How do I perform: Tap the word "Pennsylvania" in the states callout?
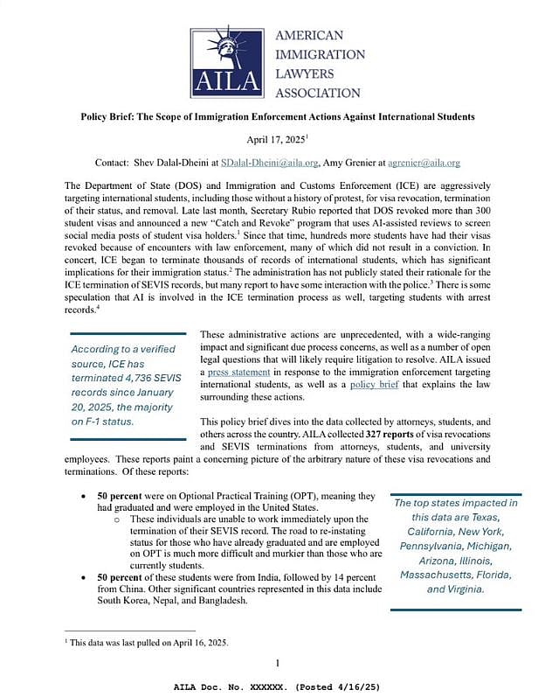click(431, 546)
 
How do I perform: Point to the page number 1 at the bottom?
click(277, 662)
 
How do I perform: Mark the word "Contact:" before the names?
click(116, 163)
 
